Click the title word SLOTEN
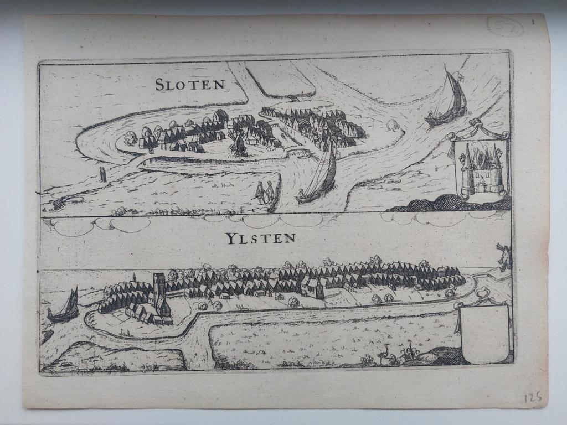pos(190,84)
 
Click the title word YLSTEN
pos(260,239)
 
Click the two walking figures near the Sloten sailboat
pos(264,191)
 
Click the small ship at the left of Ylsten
pos(64,308)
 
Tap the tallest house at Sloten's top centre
pos(220,116)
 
